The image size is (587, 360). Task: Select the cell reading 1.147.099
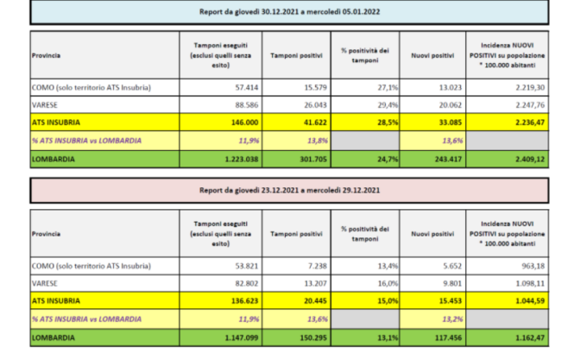coord(228,338)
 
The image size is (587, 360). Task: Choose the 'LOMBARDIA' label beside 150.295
coord(54,338)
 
